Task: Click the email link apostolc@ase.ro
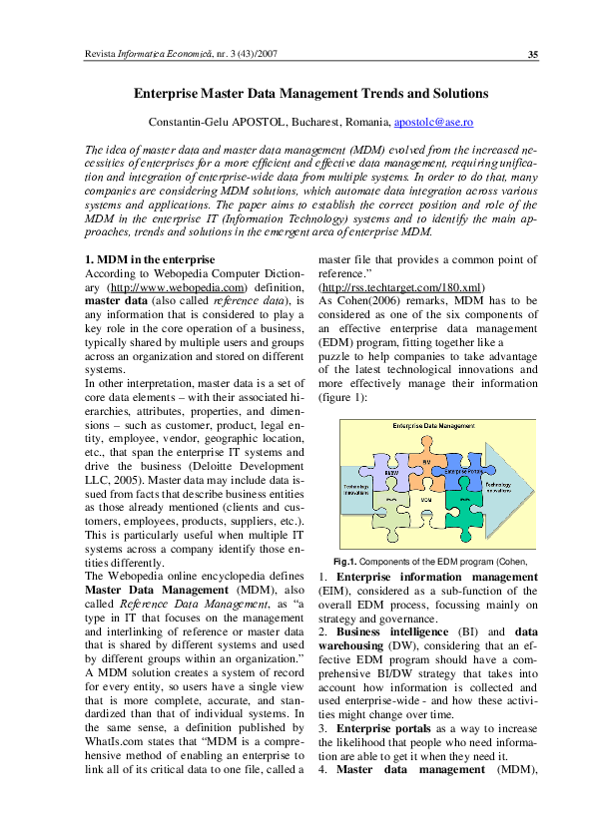[433, 121]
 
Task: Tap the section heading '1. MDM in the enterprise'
[149, 260]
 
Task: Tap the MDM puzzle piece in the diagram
[425, 498]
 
